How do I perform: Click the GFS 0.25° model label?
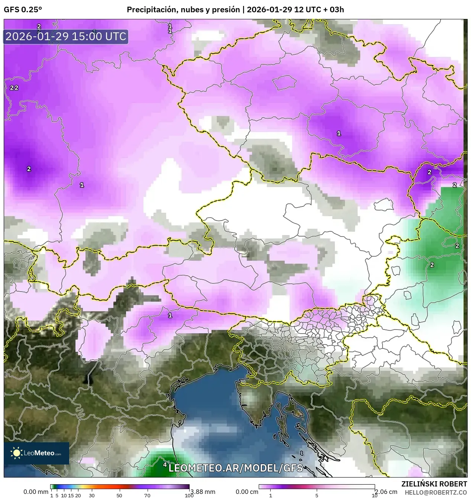click(23, 10)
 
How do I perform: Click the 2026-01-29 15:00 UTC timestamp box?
click(66, 36)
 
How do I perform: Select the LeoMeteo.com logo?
click(36, 453)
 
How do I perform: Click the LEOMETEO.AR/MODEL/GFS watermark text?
click(235, 468)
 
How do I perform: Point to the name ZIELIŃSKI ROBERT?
click(434, 484)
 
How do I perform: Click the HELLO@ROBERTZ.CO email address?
click(436, 492)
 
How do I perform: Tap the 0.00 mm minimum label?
click(36, 492)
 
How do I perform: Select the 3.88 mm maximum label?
click(203, 492)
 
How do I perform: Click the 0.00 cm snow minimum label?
click(247, 492)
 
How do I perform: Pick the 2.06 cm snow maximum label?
click(386, 492)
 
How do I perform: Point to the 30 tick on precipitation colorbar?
click(92, 495)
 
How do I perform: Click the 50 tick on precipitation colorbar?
click(119, 495)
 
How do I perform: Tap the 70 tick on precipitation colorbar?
click(147, 495)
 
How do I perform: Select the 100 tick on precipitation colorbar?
click(189, 495)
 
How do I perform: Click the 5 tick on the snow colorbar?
click(317, 495)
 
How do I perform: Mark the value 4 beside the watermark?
click(165, 465)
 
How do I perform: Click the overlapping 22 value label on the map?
click(14, 88)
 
